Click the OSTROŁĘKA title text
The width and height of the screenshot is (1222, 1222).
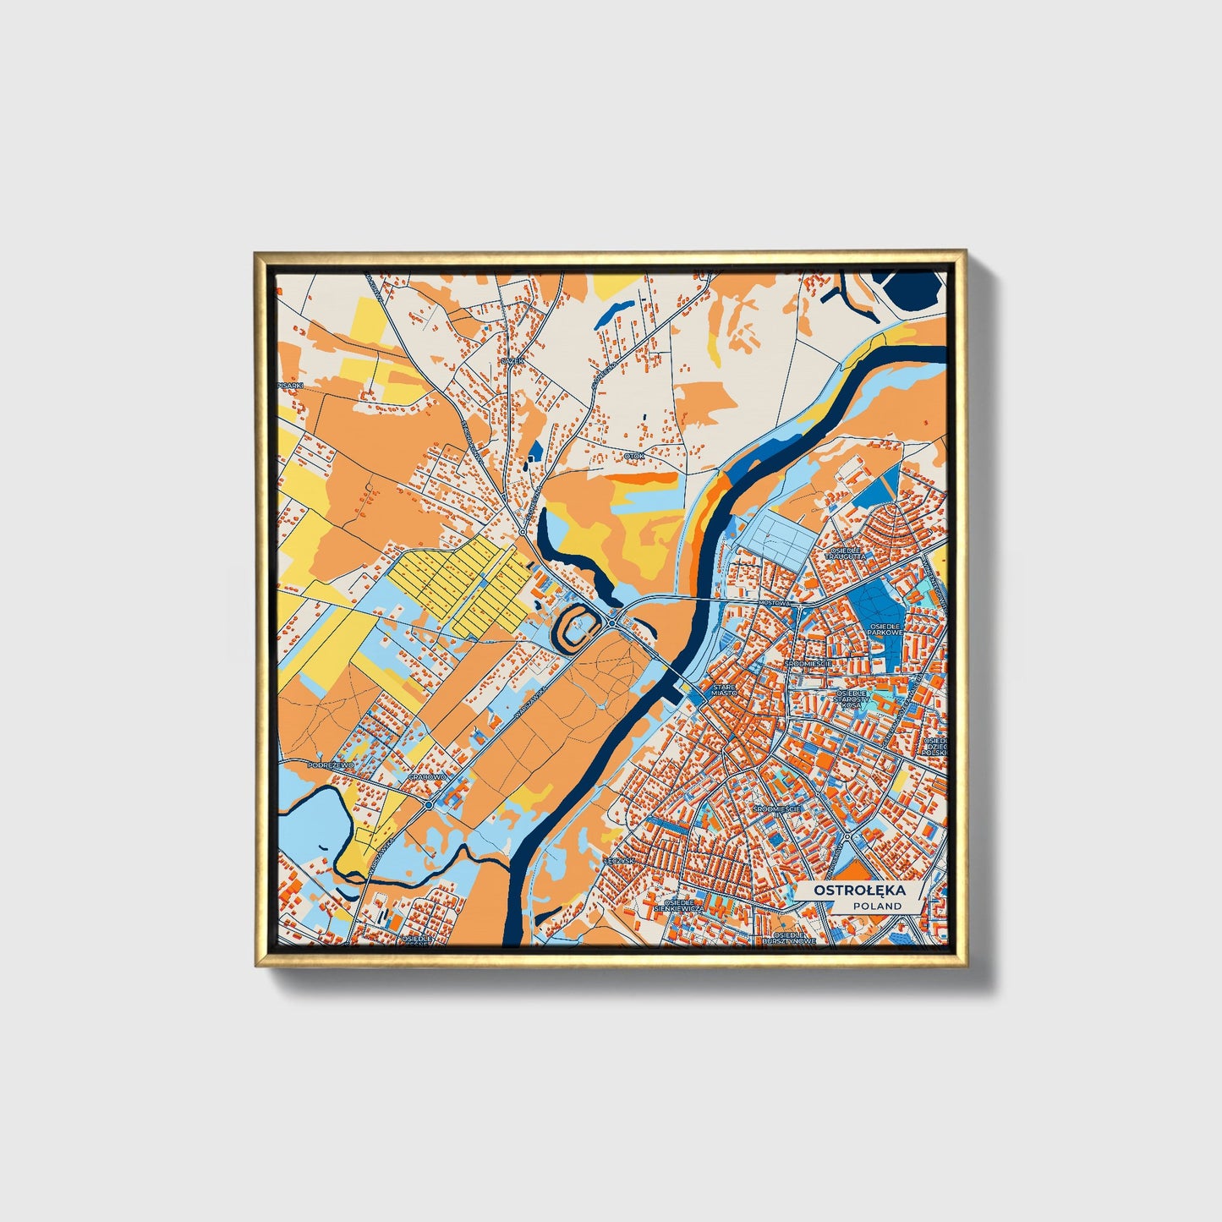pos(858,890)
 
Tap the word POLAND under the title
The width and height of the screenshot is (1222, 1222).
pos(877,906)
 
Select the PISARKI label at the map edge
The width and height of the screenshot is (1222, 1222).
pos(289,385)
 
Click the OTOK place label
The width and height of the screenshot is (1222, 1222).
pos(634,456)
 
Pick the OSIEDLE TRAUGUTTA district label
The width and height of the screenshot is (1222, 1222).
pos(846,555)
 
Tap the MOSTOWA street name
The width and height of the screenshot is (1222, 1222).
pos(774,603)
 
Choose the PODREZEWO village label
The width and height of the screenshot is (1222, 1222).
pos(330,764)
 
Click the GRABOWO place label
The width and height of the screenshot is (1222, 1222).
pos(426,776)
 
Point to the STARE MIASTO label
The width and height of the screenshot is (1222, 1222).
pos(724,690)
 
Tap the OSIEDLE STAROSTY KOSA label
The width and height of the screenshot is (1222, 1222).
pos(852,699)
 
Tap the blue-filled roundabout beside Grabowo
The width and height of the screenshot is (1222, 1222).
pos(429,805)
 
